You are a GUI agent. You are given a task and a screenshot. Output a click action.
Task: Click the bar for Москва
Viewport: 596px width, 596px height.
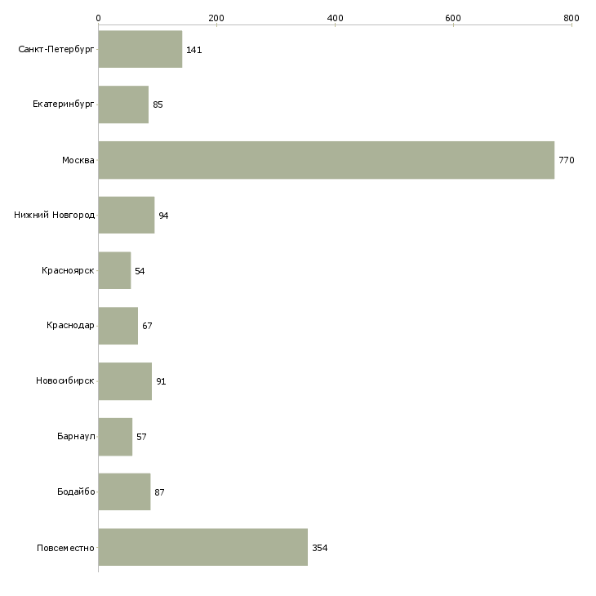(327, 160)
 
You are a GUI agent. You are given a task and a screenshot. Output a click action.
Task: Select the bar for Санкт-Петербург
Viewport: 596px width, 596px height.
(140, 50)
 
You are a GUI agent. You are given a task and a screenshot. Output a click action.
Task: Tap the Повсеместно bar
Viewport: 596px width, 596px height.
(203, 547)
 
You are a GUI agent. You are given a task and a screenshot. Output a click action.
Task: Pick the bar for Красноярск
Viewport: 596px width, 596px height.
(115, 270)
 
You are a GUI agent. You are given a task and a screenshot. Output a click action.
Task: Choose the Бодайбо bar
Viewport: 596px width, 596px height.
(124, 491)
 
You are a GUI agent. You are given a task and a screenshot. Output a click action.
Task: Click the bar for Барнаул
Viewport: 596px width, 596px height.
(116, 437)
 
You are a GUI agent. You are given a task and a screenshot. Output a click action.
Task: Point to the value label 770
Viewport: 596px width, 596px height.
(567, 160)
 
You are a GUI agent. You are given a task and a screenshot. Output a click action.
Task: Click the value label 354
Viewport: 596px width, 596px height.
(320, 548)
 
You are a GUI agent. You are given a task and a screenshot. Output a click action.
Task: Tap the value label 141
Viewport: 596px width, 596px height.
(193, 50)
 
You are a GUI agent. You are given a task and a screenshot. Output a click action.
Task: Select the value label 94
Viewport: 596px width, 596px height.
(163, 216)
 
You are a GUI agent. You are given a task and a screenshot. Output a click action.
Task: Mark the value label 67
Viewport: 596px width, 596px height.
(147, 326)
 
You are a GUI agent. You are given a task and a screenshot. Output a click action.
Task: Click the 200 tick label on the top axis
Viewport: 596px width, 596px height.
(216, 18)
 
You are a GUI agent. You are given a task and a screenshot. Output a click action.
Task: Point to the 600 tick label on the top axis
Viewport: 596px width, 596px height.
(453, 18)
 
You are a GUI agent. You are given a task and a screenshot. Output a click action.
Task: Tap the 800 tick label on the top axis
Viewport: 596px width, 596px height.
(572, 18)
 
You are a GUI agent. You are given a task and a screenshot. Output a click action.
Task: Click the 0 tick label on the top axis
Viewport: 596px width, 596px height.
(99, 18)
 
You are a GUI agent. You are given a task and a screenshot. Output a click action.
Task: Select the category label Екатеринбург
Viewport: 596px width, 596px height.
(63, 105)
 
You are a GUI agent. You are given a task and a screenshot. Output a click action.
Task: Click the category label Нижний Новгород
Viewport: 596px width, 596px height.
(55, 215)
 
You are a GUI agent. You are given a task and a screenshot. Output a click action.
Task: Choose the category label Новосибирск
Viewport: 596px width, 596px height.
(65, 380)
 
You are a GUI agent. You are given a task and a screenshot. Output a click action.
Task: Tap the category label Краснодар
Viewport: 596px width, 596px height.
(70, 326)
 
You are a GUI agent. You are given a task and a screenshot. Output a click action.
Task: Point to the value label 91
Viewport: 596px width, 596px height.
(161, 381)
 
